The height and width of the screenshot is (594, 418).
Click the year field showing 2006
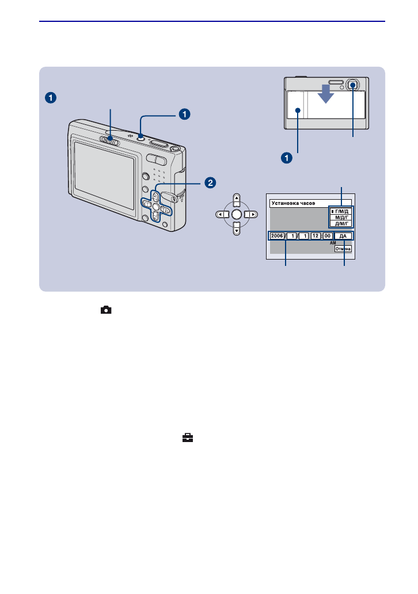pyautogui.click(x=277, y=236)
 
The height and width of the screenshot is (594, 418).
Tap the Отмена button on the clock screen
pyautogui.click(x=344, y=249)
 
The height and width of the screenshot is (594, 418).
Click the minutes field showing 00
pyautogui.click(x=327, y=236)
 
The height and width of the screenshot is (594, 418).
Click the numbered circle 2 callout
pyautogui.click(x=211, y=182)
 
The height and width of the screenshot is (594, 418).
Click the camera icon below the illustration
pyautogui.click(x=106, y=310)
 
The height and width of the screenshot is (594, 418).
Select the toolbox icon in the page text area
pyautogui.click(x=187, y=438)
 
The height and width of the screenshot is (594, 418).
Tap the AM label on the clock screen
pyautogui.click(x=332, y=243)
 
